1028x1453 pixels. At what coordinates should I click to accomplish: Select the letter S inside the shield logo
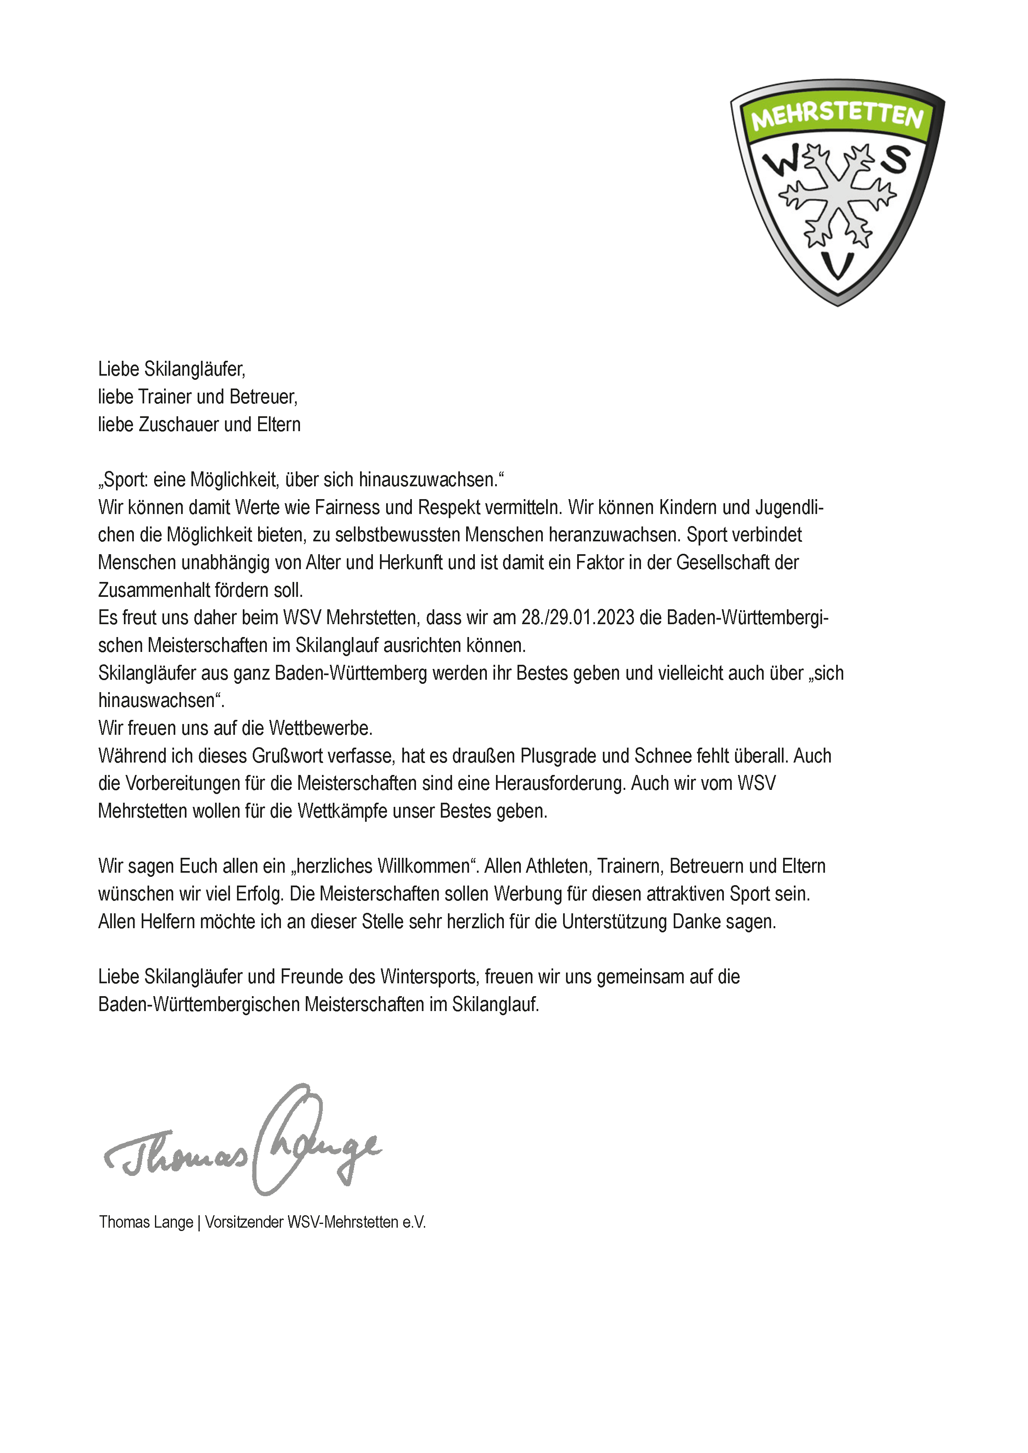click(x=895, y=159)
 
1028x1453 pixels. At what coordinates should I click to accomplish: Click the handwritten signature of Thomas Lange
click(x=244, y=1143)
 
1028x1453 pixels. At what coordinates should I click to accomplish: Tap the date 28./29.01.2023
click(x=577, y=618)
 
